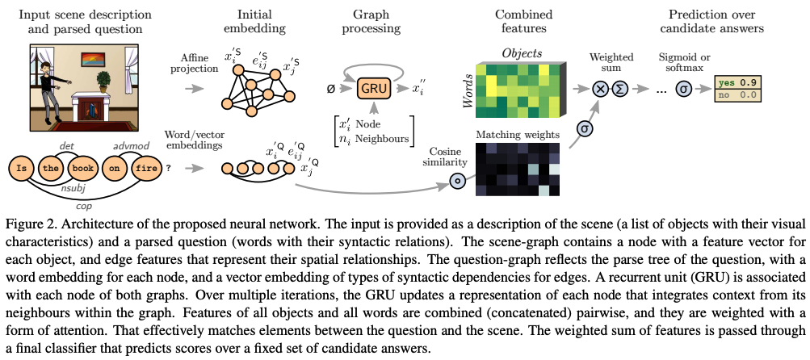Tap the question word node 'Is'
coord(21,169)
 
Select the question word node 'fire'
coord(147,169)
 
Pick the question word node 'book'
coord(82,169)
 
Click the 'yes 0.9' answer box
coord(737,83)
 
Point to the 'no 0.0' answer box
coord(737,95)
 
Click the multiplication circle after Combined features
coord(601,90)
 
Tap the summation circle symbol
coord(619,90)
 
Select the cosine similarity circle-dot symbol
coord(456,182)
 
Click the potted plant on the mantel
coord(104,82)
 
